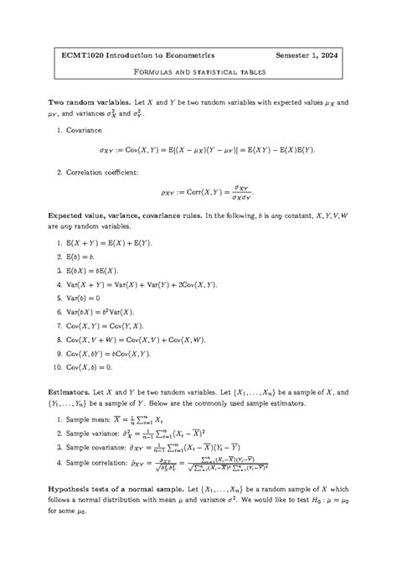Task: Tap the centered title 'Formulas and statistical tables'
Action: click(x=198, y=72)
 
